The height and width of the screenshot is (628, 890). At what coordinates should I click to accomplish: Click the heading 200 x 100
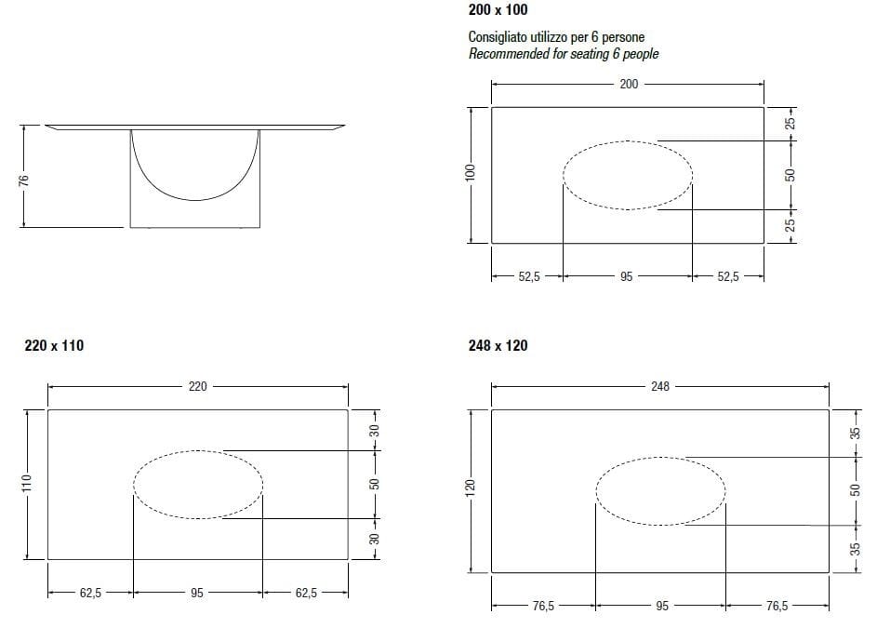[x=498, y=10]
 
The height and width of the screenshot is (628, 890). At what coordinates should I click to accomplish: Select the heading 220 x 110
[x=54, y=345]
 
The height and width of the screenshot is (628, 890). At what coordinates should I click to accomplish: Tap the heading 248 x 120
[x=498, y=345]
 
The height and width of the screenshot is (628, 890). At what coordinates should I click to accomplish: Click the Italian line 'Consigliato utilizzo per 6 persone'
[x=556, y=38]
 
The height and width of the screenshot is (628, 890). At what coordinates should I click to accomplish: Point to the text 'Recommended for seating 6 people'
[x=563, y=54]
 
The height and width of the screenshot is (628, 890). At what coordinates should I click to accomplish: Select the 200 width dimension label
[x=629, y=84]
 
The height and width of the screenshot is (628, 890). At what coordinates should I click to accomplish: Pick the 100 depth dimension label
[x=471, y=173]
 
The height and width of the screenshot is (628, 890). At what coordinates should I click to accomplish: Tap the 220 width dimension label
[x=198, y=386]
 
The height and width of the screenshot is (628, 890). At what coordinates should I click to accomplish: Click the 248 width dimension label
[x=659, y=385]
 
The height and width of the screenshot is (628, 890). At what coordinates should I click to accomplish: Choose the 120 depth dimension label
[x=471, y=488]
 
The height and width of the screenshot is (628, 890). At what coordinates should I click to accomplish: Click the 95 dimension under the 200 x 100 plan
[x=626, y=276]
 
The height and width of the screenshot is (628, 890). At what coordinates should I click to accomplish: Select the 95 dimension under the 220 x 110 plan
[x=197, y=592]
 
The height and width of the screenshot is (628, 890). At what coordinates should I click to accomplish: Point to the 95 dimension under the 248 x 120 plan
[x=661, y=606]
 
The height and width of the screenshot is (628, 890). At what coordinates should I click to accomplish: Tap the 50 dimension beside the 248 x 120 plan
[x=857, y=489]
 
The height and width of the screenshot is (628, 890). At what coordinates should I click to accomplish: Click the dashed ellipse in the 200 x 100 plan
[x=628, y=175]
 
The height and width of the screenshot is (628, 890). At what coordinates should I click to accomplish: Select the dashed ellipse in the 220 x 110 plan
[x=198, y=485]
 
